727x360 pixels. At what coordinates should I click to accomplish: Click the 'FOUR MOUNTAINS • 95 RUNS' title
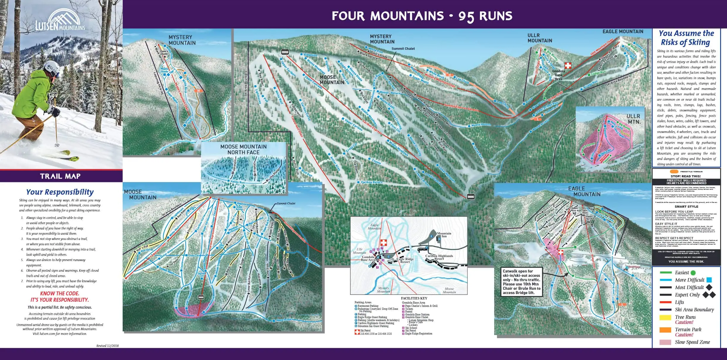[x=422, y=16]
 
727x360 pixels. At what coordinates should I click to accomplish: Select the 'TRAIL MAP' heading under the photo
[x=60, y=176]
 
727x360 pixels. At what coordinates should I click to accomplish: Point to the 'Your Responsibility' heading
[x=60, y=192]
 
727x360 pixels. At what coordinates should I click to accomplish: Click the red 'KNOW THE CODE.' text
[x=60, y=293]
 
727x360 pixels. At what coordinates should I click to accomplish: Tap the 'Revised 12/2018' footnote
[x=107, y=346]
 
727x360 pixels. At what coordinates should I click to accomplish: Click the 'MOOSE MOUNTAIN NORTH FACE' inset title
[x=243, y=149]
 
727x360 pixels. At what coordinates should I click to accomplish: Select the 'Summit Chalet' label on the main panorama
[x=403, y=49]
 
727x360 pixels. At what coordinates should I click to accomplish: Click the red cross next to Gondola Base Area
[x=568, y=66]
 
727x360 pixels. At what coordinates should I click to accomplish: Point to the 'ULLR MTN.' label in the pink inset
[x=633, y=119]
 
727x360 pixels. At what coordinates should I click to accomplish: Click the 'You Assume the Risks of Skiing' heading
[x=686, y=38]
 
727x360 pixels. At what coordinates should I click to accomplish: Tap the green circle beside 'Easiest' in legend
[x=693, y=273]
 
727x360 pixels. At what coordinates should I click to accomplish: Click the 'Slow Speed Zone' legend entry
[x=692, y=342]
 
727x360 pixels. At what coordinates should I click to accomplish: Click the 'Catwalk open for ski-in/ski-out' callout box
[x=521, y=282]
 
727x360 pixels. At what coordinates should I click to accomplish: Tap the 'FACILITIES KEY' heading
[x=414, y=298]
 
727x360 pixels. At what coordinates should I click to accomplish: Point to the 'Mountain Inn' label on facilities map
[x=444, y=235]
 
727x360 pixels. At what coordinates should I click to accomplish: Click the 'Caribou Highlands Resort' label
[x=439, y=257]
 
